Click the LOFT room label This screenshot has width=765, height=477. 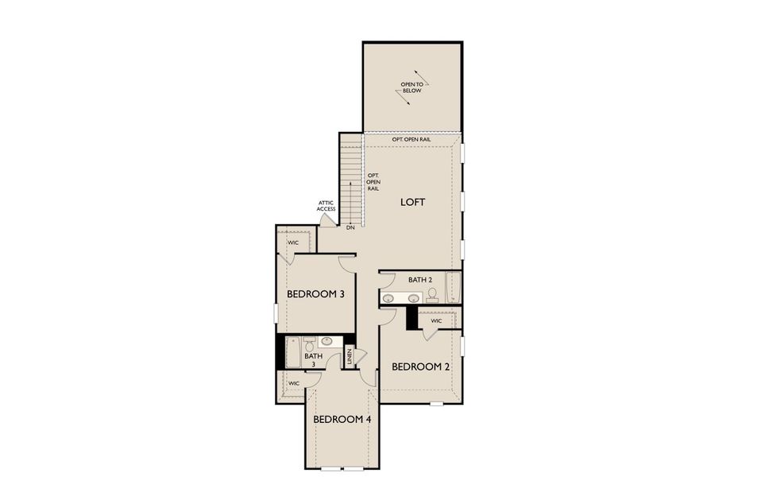pos(412,202)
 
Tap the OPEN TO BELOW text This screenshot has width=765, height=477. pos(411,87)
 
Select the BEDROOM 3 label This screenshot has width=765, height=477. pos(315,294)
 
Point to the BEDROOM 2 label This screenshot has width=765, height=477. pos(421,366)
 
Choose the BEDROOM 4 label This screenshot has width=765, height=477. pos(342,419)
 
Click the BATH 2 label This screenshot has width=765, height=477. pos(420,280)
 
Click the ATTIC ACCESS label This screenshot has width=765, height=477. pos(326,206)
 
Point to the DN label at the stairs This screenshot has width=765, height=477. pos(350,227)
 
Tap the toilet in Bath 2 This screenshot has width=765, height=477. pos(432,295)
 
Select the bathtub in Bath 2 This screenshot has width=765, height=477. pos(454,287)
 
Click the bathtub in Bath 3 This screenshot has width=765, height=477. pos(292,351)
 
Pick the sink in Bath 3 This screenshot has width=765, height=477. pos(326,341)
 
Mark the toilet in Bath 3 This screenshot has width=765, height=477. pos(311,344)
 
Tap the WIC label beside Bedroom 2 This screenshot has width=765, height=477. pos(436,321)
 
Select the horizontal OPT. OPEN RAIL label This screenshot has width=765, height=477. pos(411,140)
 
